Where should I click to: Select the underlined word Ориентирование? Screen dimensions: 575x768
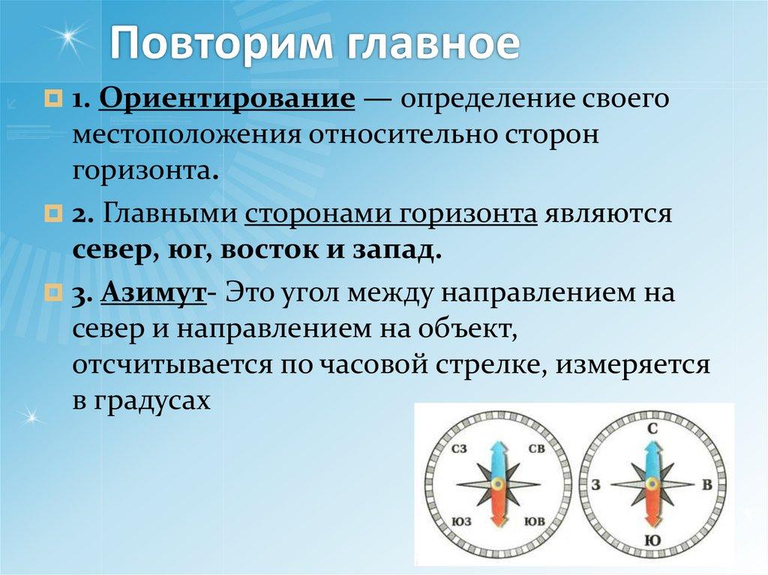click(x=226, y=100)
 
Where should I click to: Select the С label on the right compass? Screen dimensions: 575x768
click(x=652, y=429)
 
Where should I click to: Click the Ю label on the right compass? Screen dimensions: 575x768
click(x=651, y=540)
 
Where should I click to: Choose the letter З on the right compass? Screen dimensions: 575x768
click(x=595, y=485)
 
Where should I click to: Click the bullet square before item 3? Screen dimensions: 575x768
click(x=53, y=292)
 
